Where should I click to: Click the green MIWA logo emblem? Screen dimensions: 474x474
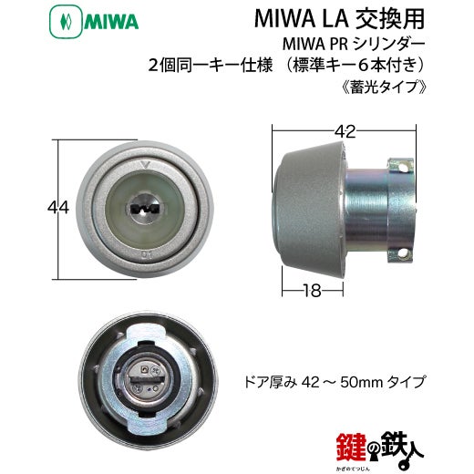66,22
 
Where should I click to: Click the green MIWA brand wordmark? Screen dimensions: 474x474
111,23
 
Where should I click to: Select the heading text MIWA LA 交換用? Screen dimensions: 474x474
339,19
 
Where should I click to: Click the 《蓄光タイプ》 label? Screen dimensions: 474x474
385,87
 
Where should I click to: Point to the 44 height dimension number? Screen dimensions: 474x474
58,208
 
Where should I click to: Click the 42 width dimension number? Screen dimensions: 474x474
345,132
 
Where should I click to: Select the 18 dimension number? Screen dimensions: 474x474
312,291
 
